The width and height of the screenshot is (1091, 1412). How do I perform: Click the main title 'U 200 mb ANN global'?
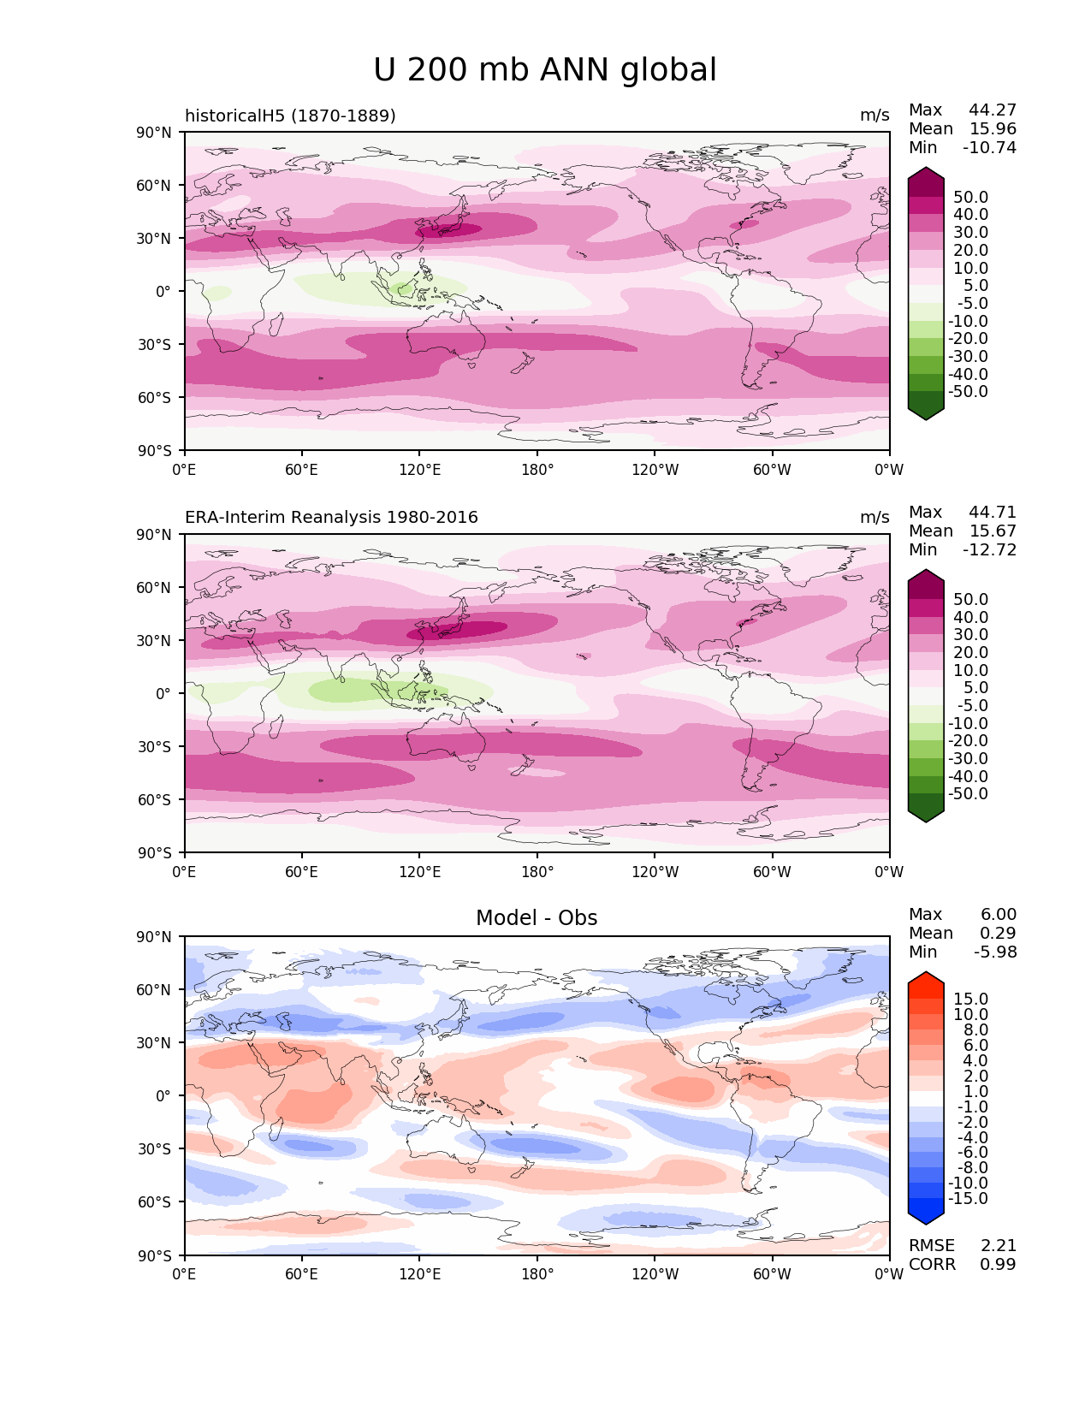[x=545, y=70]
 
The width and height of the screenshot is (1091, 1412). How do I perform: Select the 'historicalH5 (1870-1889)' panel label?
[x=290, y=116]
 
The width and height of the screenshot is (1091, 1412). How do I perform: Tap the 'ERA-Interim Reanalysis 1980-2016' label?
[x=331, y=518]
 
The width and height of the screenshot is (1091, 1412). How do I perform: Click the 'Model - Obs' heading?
[x=537, y=918]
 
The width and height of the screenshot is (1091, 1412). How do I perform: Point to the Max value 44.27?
[x=993, y=110]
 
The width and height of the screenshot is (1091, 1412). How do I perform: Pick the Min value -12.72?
[x=990, y=550]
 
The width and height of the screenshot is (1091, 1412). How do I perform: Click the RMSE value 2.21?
[x=998, y=1246]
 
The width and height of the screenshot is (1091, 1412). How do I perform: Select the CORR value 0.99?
[x=998, y=1265]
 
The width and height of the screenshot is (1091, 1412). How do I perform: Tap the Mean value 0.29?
[x=998, y=934]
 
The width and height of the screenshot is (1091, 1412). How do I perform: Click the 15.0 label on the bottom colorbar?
[x=971, y=1000]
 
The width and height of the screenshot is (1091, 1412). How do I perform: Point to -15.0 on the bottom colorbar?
[x=968, y=1199]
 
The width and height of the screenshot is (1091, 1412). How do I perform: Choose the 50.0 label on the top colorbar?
[x=971, y=198]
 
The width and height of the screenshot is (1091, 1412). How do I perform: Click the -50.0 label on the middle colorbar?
[x=968, y=794]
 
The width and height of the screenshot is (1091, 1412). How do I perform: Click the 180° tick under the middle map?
[x=537, y=872]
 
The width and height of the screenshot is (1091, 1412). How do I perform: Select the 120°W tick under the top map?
[x=655, y=470]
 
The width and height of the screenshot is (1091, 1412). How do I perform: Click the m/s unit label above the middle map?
[x=875, y=518]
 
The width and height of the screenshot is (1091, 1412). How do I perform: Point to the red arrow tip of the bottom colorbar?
[x=926, y=977]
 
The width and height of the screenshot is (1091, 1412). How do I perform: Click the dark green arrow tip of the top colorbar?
[x=926, y=414]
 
